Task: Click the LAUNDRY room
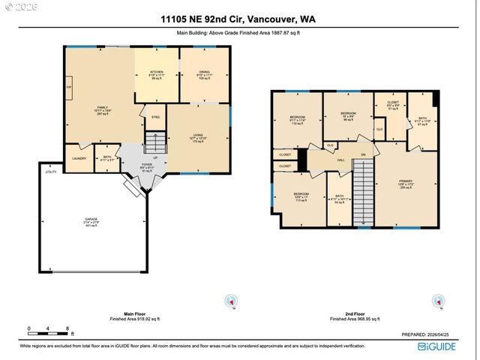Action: (79, 158)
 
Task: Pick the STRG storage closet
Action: (155, 118)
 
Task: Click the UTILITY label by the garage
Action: (51, 172)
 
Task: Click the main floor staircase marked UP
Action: (154, 142)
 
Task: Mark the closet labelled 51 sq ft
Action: (393, 106)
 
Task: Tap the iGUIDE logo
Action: (442, 346)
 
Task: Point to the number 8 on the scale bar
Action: (68, 328)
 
